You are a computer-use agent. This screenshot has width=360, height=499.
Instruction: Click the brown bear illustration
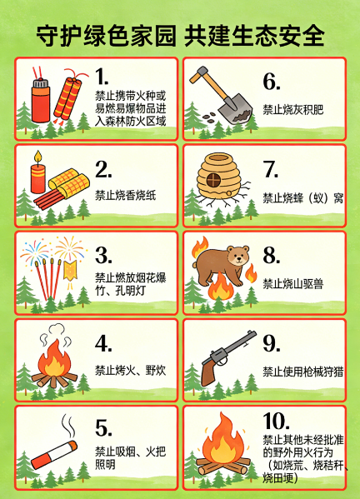(x=221, y=265)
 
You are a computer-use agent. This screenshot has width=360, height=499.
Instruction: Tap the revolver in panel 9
(x=227, y=357)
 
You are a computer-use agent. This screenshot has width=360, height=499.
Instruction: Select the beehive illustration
(x=218, y=176)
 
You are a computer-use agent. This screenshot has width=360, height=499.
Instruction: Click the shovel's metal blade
(x=236, y=110)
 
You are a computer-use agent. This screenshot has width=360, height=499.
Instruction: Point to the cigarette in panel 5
(x=54, y=455)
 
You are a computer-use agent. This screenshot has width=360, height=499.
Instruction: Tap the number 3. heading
(x=103, y=255)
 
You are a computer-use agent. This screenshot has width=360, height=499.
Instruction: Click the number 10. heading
(x=276, y=422)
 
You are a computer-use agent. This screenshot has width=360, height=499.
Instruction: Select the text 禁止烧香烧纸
(x=125, y=195)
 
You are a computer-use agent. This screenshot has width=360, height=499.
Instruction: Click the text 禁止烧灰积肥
(x=292, y=110)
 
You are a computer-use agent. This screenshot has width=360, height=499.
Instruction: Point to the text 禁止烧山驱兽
(x=292, y=283)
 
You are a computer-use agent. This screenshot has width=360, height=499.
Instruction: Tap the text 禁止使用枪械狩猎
(x=303, y=372)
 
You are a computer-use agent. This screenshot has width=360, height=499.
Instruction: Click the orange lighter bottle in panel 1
(x=41, y=100)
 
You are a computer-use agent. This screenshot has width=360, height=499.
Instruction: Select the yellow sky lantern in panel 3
(x=70, y=271)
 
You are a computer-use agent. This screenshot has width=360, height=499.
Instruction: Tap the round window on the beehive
(x=213, y=180)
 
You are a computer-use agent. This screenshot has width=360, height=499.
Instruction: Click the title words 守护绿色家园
(x=106, y=35)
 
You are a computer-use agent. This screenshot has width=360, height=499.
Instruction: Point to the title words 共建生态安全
(x=254, y=35)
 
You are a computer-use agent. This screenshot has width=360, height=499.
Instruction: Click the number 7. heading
(x=271, y=169)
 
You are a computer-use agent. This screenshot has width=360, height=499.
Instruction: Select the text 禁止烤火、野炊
(x=131, y=371)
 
